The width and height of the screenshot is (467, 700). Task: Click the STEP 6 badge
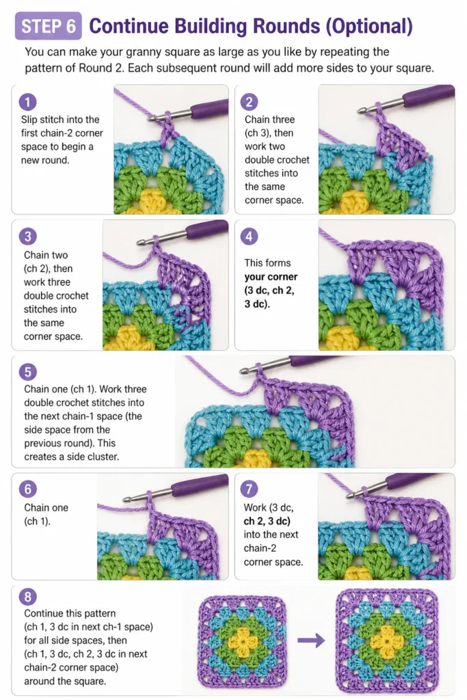[x=49, y=26]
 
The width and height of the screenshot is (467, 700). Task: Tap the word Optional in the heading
[x=369, y=27]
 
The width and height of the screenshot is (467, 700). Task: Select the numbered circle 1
[x=27, y=103]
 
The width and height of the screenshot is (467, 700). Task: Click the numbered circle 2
[x=249, y=103]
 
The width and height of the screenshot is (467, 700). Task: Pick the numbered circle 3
[x=27, y=236]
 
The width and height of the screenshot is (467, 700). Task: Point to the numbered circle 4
[x=249, y=236]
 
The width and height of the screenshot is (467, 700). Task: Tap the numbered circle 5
[x=27, y=372]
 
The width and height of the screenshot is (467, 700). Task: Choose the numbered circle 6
[x=27, y=489]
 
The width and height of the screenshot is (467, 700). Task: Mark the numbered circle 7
[x=249, y=489]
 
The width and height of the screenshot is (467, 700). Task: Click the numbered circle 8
[x=27, y=597]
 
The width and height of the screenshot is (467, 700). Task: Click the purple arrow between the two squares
[x=311, y=641]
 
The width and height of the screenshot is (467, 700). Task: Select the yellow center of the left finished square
[x=243, y=642]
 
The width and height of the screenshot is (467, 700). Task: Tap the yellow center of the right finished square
[x=386, y=641]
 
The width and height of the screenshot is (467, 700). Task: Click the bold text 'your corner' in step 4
[x=271, y=277]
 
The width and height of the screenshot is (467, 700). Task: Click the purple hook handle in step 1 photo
[x=209, y=109]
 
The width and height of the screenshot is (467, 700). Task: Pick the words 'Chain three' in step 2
[x=269, y=120]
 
